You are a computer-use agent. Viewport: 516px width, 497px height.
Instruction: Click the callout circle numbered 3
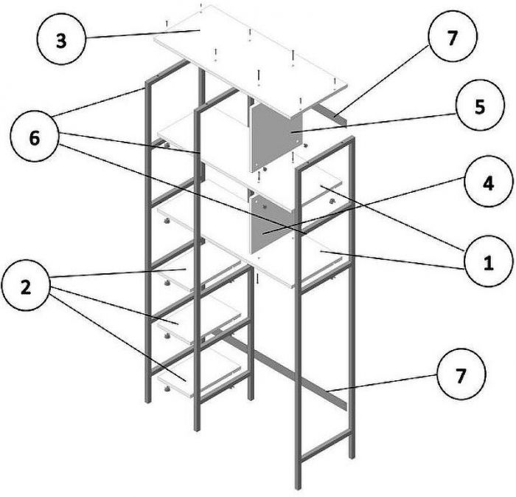(61, 39)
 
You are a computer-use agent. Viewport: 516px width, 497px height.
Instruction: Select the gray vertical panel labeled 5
(276, 137)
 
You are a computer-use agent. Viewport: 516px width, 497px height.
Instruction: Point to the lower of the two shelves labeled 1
(324, 258)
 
